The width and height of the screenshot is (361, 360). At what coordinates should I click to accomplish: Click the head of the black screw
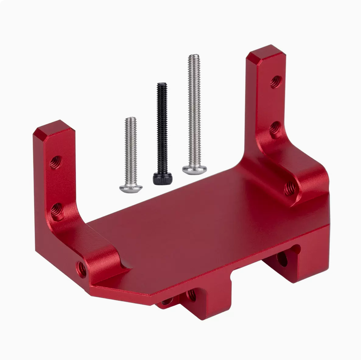(x=163, y=178)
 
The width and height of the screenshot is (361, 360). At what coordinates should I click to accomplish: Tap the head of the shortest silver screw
(x=131, y=188)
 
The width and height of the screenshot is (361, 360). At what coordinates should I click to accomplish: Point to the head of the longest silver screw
(x=195, y=169)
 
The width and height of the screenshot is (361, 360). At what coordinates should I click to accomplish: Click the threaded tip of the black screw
(x=162, y=85)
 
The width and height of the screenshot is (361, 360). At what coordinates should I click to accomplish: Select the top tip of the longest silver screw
(x=194, y=56)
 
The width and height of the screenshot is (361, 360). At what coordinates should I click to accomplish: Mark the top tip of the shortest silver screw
(x=131, y=119)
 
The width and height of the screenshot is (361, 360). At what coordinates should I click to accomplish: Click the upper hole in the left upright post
(x=55, y=162)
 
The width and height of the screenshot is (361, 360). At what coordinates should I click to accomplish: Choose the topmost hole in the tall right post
(x=276, y=82)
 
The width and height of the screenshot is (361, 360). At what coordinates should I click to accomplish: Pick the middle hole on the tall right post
(x=275, y=130)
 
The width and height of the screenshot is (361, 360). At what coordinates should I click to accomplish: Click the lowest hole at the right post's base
(x=290, y=188)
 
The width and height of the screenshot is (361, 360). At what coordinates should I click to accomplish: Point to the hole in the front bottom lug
(x=191, y=295)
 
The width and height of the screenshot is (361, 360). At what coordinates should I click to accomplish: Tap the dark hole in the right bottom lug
(x=282, y=259)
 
